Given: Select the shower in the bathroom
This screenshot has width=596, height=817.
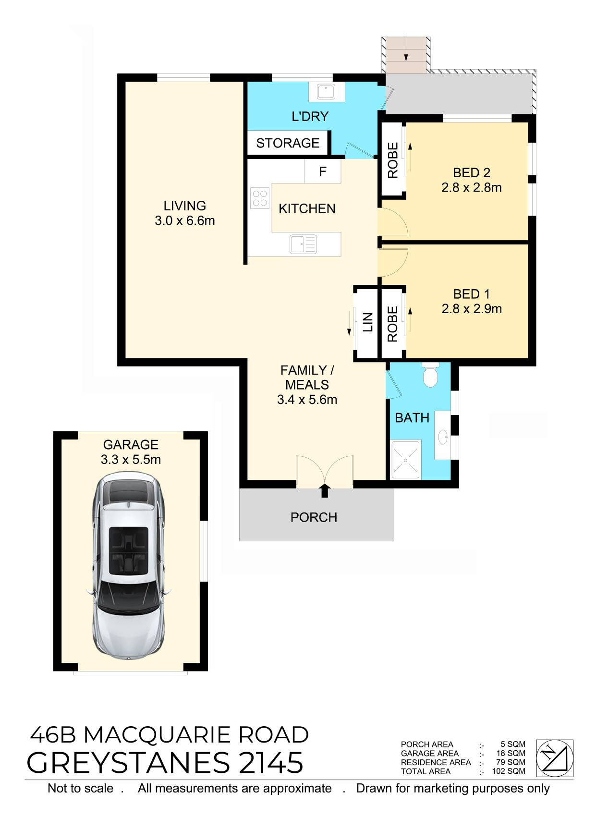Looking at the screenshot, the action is click(406, 460).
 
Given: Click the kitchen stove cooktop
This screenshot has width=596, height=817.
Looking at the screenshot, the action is click(260, 198).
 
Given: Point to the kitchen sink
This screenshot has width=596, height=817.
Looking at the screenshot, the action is click(303, 244).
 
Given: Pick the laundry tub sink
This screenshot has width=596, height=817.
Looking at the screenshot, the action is click(326, 91).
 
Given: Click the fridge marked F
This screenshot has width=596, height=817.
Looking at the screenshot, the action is click(322, 171).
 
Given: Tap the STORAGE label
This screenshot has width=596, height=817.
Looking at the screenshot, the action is click(288, 143).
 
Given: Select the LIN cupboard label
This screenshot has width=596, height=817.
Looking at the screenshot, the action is click(368, 322).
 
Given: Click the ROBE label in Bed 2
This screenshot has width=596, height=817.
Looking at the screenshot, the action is click(393, 160).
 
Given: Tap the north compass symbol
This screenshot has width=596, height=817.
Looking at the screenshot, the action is click(554, 758).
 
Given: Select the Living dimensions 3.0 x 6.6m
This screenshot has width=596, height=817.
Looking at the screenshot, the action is click(184, 220).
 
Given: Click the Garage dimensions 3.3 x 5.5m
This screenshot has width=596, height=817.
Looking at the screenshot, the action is click(131, 460).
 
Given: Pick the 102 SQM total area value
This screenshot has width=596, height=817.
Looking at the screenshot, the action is click(509, 771).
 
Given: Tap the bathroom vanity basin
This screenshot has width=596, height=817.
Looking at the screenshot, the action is click(443, 437).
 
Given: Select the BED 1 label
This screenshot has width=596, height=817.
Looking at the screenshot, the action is click(471, 294).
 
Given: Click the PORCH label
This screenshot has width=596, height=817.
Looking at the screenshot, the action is click(314, 518).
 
